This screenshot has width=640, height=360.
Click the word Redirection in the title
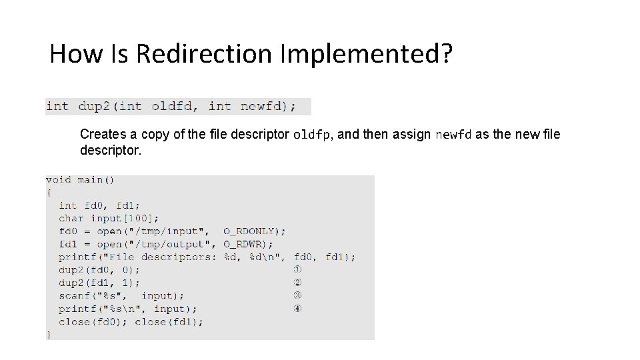pos(204,53)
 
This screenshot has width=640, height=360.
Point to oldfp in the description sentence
pos(311,135)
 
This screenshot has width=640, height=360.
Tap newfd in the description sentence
pos(453,135)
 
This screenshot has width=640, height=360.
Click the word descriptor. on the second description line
pos(111,150)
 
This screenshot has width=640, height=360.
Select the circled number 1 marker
pos(297,270)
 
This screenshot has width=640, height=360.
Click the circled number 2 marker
pos(297,283)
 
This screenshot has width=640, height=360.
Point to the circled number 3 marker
pos(297,295)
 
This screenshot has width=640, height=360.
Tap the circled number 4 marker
pos(297,309)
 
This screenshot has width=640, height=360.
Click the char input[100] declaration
pos(109,218)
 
